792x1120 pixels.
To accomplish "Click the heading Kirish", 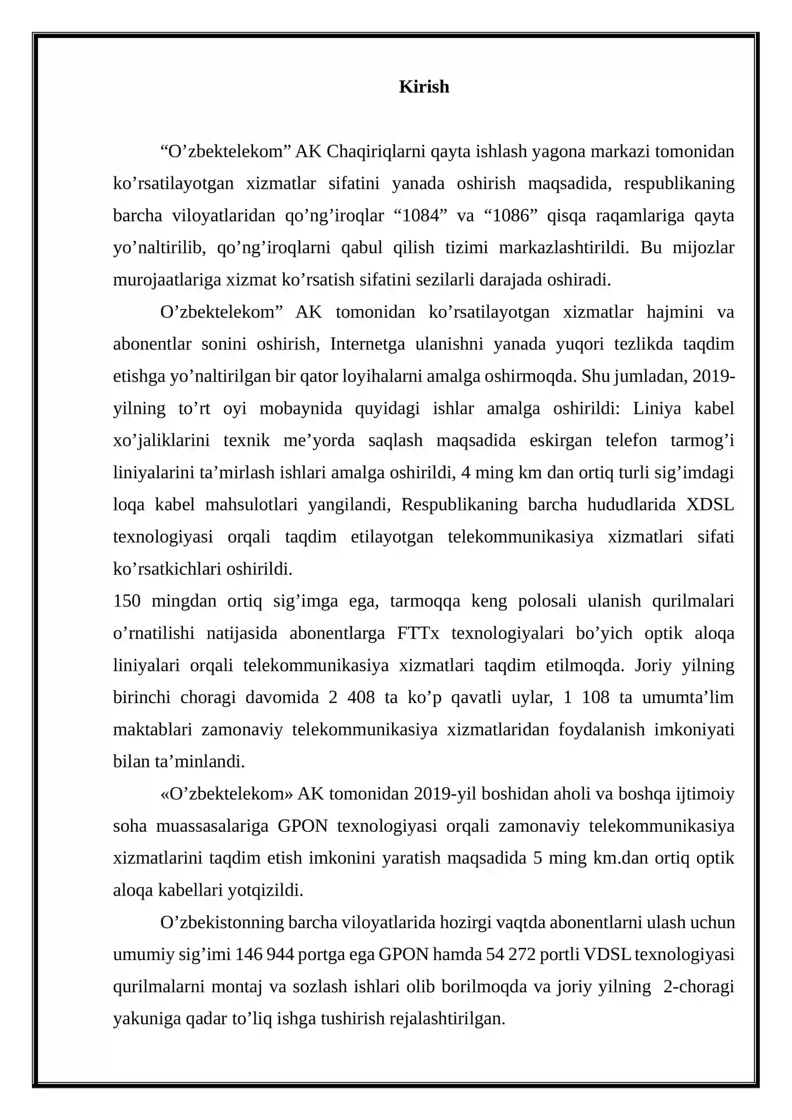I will [x=424, y=87].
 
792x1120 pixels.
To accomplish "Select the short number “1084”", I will [x=420, y=216].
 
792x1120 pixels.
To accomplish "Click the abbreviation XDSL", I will [x=710, y=505].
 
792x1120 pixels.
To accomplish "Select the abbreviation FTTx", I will [x=418, y=633].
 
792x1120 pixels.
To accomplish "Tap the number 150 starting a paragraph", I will [x=127, y=601].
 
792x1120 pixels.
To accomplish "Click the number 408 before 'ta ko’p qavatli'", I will [x=361, y=698].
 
